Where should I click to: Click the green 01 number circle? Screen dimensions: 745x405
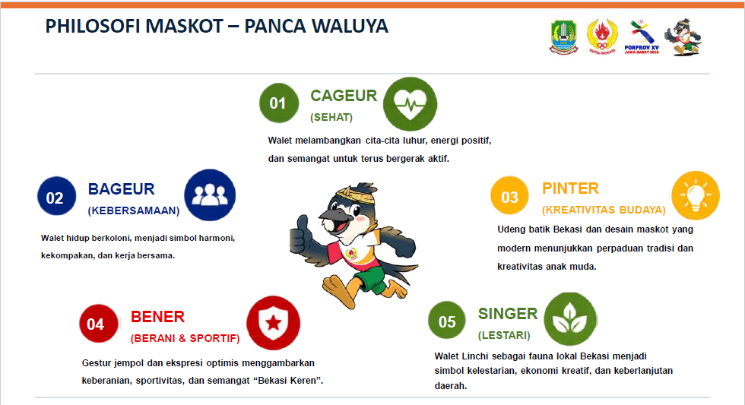click(x=279, y=103)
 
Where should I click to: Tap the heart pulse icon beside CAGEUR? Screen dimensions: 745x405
click(x=410, y=104)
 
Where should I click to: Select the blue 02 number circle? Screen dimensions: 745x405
click(x=56, y=196)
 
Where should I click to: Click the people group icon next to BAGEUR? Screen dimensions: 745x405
click(x=210, y=195)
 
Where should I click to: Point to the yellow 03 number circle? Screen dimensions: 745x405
click(x=510, y=195)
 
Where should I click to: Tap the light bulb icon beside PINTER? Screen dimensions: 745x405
click(x=696, y=195)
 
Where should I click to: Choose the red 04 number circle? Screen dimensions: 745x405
click(x=98, y=324)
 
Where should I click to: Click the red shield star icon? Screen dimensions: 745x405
click(x=273, y=323)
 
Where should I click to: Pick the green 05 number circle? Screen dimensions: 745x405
click(x=447, y=320)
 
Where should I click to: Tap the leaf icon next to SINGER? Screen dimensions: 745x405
click(x=570, y=319)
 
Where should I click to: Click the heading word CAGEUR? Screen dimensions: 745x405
click(x=344, y=96)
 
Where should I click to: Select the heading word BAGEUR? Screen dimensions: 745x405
click(x=121, y=189)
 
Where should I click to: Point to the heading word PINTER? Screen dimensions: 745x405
click(x=570, y=188)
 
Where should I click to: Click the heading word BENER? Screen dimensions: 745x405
click(x=157, y=317)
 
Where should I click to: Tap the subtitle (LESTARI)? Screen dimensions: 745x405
click(x=503, y=335)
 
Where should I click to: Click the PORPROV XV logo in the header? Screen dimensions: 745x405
click(x=642, y=37)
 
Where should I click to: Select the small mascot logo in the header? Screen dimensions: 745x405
click(x=683, y=37)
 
